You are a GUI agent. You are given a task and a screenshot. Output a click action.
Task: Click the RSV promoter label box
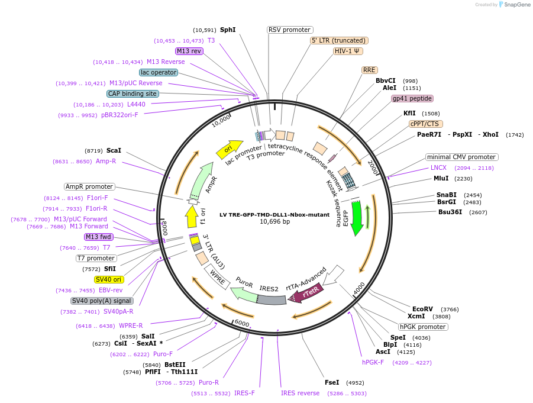(290, 30)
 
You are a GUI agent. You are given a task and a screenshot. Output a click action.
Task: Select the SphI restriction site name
(228, 30)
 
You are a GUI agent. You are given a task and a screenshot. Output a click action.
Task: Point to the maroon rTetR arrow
(306, 293)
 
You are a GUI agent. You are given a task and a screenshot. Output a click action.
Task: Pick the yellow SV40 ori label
(108, 279)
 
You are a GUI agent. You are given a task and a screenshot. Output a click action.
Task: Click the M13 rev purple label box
(189, 51)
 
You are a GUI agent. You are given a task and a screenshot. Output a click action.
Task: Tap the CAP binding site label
(133, 94)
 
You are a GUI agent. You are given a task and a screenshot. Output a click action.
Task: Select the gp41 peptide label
(412, 98)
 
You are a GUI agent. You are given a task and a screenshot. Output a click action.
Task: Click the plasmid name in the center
(274, 215)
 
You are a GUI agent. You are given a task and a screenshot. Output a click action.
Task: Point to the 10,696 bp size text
(274, 222)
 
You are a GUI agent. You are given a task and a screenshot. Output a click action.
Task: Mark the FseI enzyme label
(332, 383)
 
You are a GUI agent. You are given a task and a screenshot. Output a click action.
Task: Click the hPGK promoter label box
(423, 327)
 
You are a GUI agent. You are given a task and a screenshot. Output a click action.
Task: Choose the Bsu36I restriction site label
(450, 212)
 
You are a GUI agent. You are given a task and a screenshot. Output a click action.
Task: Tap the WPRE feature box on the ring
(217, 277)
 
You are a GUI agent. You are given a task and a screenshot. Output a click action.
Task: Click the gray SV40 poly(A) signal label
(102, 301)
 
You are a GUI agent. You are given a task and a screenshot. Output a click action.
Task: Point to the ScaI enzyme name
(114, 150)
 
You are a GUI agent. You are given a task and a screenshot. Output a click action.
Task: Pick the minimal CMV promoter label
(461, 157)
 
